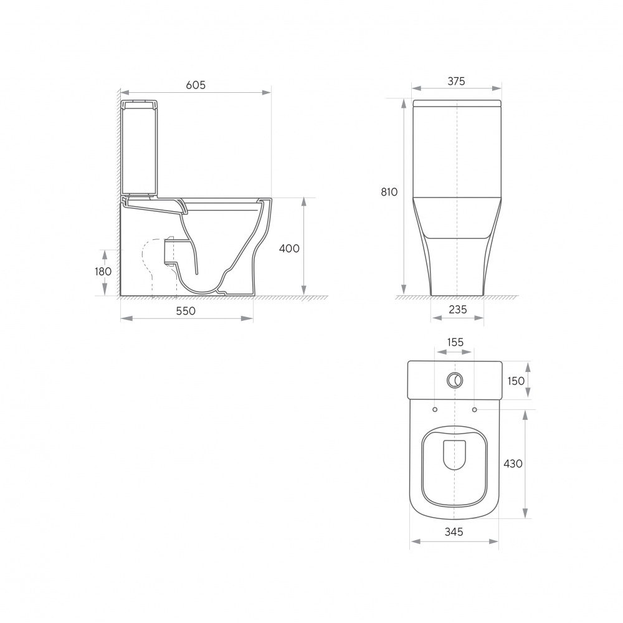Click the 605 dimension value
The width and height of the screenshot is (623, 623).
click(196, 85)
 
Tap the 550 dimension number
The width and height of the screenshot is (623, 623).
click(186, 311)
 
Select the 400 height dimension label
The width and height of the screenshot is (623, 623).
click(289, 249)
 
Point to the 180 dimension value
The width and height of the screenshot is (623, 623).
click(103, 272)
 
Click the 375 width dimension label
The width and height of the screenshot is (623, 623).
click(456, 81)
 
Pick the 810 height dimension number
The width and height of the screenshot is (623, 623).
click(389, 192)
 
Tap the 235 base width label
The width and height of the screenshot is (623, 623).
click(458, 309)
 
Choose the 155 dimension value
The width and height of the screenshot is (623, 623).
click(455, 341)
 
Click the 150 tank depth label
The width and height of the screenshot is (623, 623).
click(516, 381)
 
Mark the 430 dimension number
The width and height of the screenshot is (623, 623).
click(513, 464)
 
